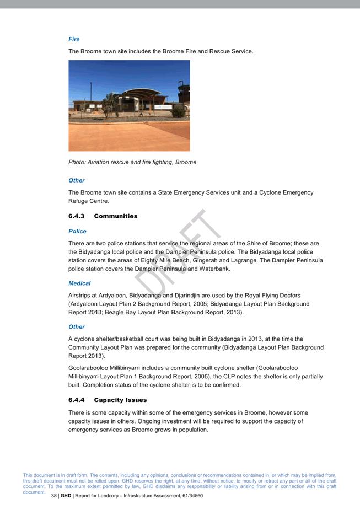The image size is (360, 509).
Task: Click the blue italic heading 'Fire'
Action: [74, 39]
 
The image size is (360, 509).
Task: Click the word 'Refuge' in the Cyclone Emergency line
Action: [78, 201]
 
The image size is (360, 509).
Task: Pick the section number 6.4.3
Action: [76, 216]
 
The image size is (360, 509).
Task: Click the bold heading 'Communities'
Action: [115, 216]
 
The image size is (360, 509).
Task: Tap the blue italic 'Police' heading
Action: [77, 231]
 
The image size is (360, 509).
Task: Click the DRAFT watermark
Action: [176, 254]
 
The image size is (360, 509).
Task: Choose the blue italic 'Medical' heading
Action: [79, 283]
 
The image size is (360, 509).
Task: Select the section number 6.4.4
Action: [76, 400]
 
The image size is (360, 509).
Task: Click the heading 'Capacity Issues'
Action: [120, 400]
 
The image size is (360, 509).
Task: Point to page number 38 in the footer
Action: [54, 496]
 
